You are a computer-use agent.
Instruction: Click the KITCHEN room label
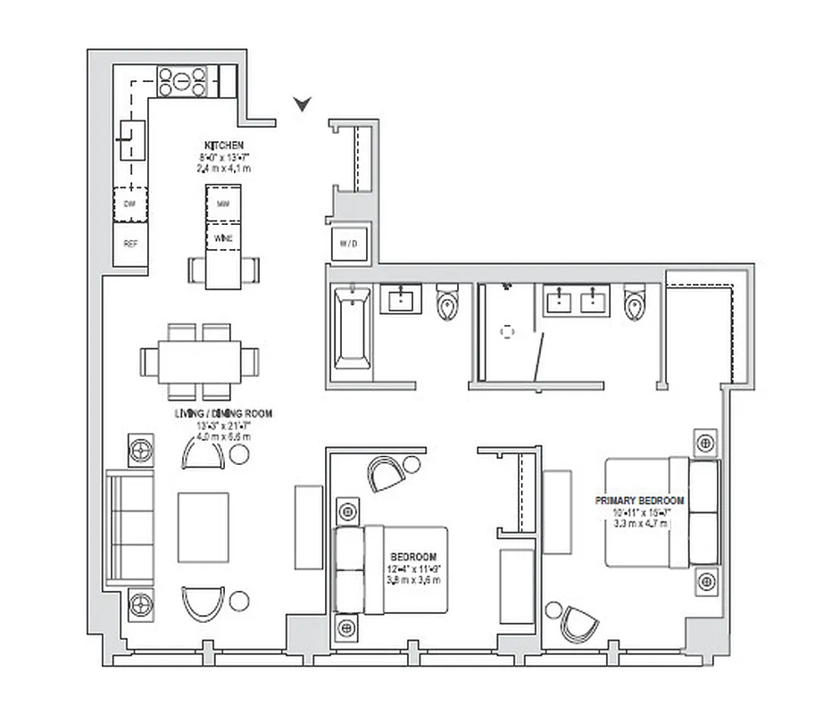223,145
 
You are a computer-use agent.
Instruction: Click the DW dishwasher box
130,204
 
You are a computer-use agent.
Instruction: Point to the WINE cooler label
223,239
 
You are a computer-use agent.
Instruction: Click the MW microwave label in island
223,204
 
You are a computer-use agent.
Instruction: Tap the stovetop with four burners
182,81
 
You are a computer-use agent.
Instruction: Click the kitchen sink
131,138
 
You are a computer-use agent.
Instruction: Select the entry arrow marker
304,105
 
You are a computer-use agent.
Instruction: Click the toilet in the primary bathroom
634,303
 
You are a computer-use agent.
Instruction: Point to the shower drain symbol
508,332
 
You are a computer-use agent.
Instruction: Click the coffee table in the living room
204,524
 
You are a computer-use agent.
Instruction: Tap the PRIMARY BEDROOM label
639,501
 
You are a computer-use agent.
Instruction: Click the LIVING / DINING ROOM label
223,414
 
